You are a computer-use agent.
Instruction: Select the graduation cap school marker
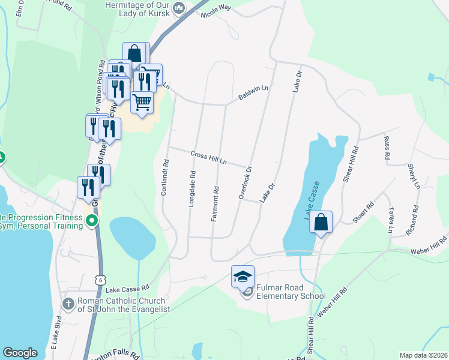tap(243, 277)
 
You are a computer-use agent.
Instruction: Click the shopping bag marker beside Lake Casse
tap(322, 222)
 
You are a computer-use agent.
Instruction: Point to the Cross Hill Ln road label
tap(209, 158)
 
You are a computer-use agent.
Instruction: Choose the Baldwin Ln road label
tap(253, 92)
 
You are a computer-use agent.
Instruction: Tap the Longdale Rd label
tap(193, 190)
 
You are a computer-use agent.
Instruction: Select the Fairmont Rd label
tap(214, 204)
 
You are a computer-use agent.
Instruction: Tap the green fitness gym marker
tap(92, 221)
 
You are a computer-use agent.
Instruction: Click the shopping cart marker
tap(142, 101)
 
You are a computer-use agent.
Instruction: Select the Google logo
tap(20, 353)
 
